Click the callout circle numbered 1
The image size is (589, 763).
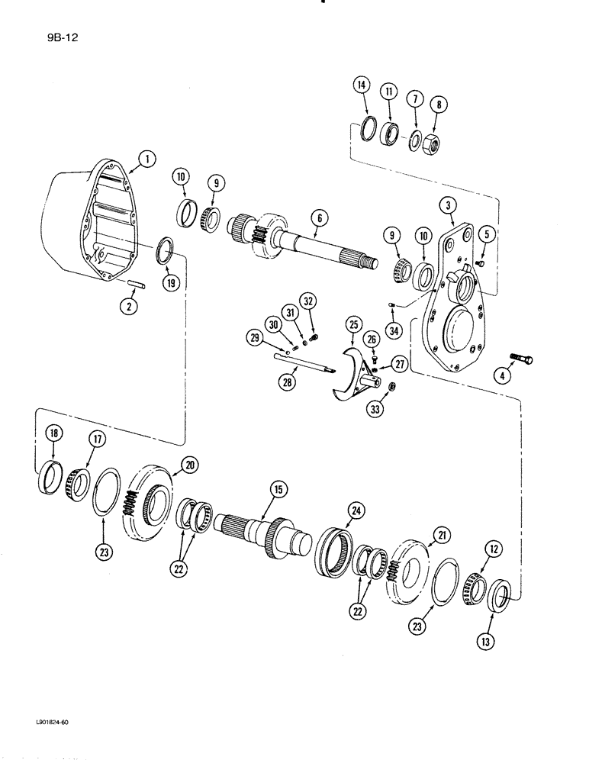pyautogui.click(x=146, y=159)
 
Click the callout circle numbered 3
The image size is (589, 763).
pyautogui.click(x=447, y=205)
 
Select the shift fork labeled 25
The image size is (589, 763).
pyautogui.click(x=349, y=374)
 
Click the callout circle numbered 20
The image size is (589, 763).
pyautogui.click(x=188, y=465)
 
